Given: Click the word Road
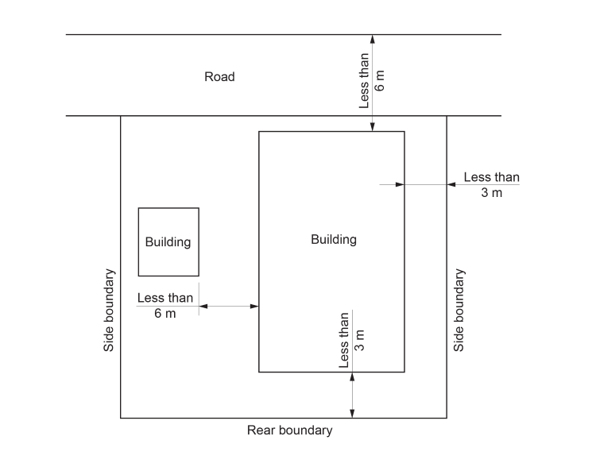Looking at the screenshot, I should tap(219, 77).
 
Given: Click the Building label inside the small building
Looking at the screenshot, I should tap(168, 242).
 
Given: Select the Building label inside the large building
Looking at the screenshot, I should tap(334, 239).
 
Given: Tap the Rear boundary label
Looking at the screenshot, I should tap(289, 430).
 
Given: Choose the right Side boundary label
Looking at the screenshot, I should tap(459, 311).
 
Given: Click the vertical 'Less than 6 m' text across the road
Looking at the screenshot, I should tap(372, 80).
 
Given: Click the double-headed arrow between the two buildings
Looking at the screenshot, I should tap(229, 306).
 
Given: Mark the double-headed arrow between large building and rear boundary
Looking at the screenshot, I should tap(352, 395).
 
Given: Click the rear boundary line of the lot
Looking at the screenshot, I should tap(238, 418).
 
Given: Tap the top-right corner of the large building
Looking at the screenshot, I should tap(404, 132).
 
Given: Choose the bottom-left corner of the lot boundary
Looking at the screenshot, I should tap(121, 418).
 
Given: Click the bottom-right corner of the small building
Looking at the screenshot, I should tap(199, 276).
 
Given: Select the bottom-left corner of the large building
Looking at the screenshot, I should tap(259, 372).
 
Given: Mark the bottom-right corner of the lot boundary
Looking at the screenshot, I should tap(447, 418).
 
